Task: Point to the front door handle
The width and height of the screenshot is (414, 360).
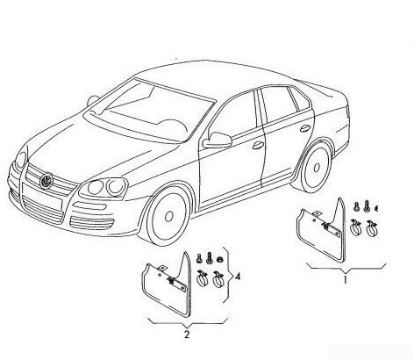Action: pos(258,145)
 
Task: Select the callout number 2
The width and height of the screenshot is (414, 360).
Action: pos(187,334)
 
